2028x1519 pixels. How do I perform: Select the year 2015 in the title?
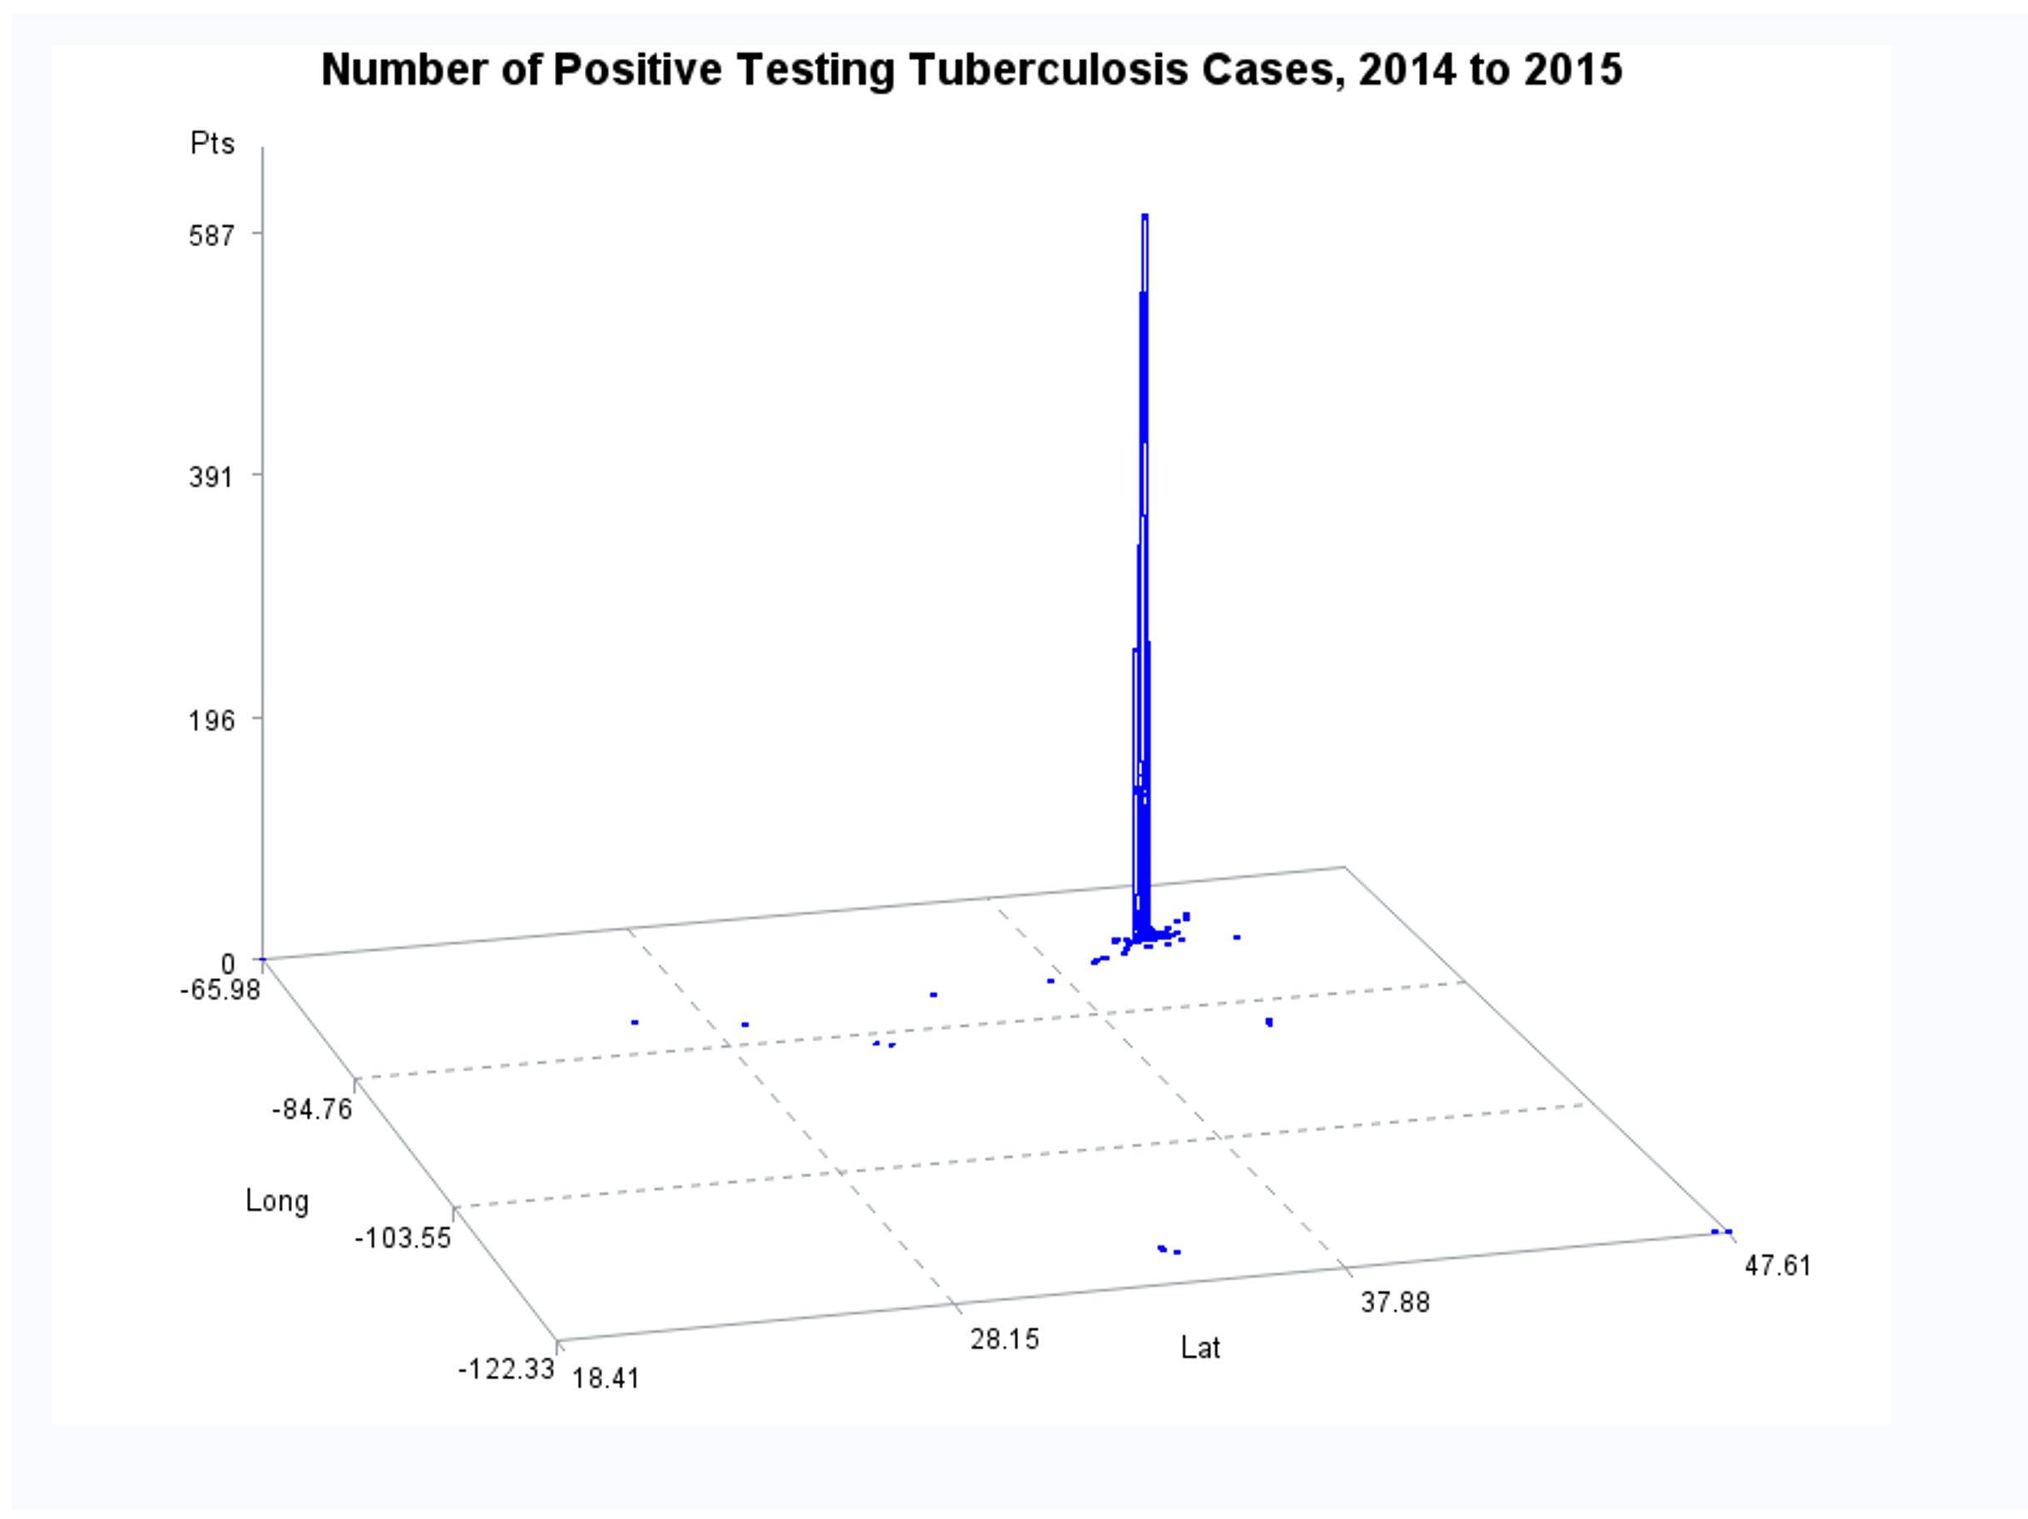[x=1573, y=70]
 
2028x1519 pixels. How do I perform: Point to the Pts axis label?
[x=212, y=144]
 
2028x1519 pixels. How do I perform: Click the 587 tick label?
[x=212, y=235]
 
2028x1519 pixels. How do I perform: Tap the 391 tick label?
[x=212, y=477]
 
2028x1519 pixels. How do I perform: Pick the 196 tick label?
[x=212, y=720]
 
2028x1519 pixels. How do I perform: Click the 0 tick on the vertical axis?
[x=228, y=963]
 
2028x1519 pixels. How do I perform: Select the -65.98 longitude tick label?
[x=220, y=991]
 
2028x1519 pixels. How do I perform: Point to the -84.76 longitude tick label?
[x=312, y=1111]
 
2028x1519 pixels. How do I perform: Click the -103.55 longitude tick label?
[x=403, y=1239]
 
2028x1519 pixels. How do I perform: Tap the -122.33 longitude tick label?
[x=506, y=1369]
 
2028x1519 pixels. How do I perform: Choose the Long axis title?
[x=277, y=1201]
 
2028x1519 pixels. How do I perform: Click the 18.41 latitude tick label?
[x=606, y=1378]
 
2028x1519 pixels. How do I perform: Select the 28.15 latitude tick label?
[x=1005, y=1339]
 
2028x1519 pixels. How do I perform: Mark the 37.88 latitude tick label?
[x=1394, y=1302]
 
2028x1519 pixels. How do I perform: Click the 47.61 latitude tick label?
[x=1778, y=1266]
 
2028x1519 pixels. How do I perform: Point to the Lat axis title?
[x=1200, y=1348]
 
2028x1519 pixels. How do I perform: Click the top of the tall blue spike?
[x=1145, y=216]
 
